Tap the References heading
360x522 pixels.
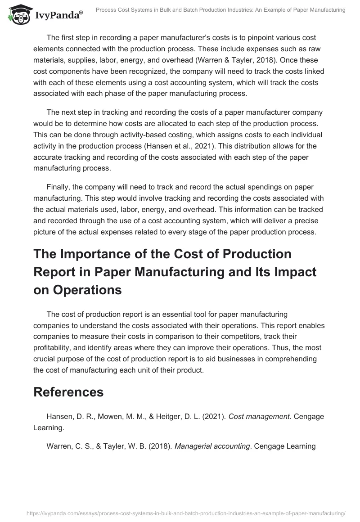click(68, 391)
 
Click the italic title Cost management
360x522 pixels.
click(259, 417)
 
